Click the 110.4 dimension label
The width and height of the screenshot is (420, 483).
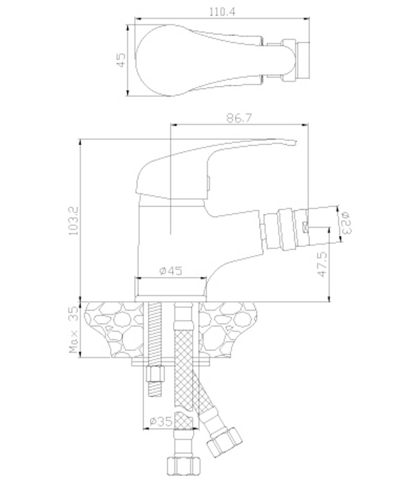[222, 12]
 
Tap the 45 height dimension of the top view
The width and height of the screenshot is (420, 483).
[121, 60]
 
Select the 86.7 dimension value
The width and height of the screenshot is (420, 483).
[239, 118]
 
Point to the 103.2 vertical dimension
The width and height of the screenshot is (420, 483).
[74, 220]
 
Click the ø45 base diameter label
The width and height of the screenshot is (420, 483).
[171, 271]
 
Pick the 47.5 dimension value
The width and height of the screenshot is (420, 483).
[322, 264]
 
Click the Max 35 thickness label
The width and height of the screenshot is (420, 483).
[74, 330]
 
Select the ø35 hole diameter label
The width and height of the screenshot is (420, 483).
[161, 421]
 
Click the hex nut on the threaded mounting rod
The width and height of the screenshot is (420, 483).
[155, 374]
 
